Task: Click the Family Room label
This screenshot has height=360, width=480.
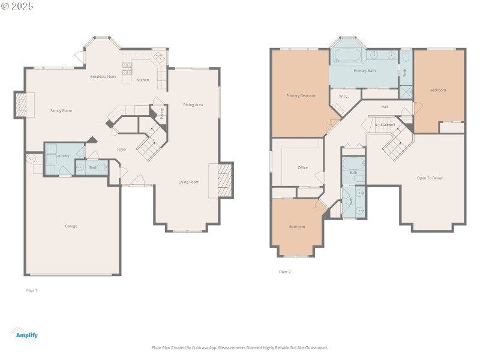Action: pyautogui.click(x=61, y=110)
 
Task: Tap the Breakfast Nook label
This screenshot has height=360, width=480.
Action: pyautogui.click(x=103, y=77)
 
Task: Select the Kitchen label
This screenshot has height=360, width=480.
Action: pyautogui.click(x=143, y=80)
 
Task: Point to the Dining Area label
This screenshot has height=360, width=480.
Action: pyautogui.click(x=193, y=105)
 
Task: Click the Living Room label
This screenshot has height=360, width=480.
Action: pyautogui.click(x=188, y=182)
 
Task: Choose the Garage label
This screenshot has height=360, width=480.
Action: pyautogui.click(x=71, y=226)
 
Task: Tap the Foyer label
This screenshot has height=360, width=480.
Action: pyautogui.click(x=122, y=149)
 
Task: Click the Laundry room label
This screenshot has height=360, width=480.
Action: pyautogui.click(x=62, y=156)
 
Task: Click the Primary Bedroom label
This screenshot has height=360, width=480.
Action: pyautogui.click(x=301, y=95)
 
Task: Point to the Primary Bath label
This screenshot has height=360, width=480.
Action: pyautogui.click(x=364, y=71)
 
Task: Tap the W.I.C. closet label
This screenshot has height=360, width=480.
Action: pyautogui.click(x=344, y=96)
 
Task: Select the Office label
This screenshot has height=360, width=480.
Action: pyautogui.click(x=302, y=167)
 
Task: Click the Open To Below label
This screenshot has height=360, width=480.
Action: pyautogui.click(x=430, y=178)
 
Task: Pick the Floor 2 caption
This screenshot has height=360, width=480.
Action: pyautogui.click(x=284, y=272)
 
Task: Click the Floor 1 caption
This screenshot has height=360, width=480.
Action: pyautogui.click(x=31, y=290)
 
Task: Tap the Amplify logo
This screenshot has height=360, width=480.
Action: pyautogui.click(x=24, y=333)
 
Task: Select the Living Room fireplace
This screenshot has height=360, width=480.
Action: pyautogui.click(x=226, y=180)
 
